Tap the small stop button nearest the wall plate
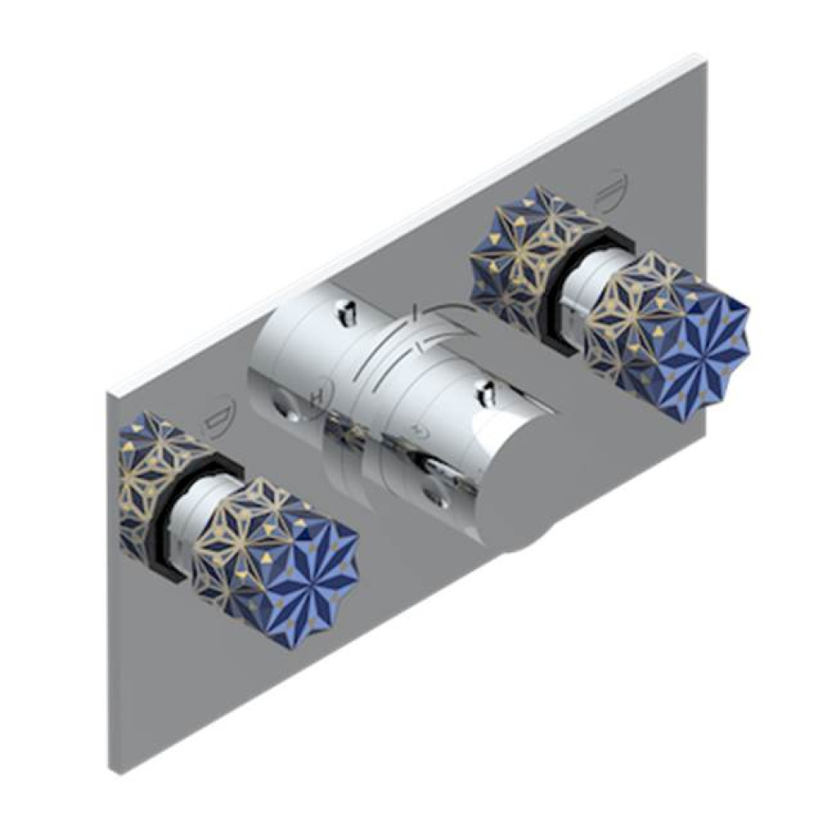(346, 312)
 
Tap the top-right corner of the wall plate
(702, 59)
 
